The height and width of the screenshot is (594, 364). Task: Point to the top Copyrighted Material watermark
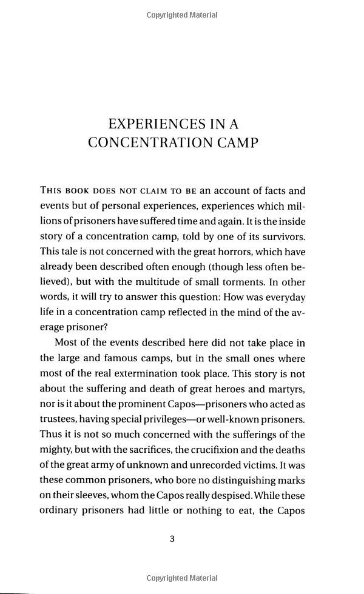tap(181, 15)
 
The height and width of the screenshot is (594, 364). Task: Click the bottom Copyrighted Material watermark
tap(181, 579)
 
